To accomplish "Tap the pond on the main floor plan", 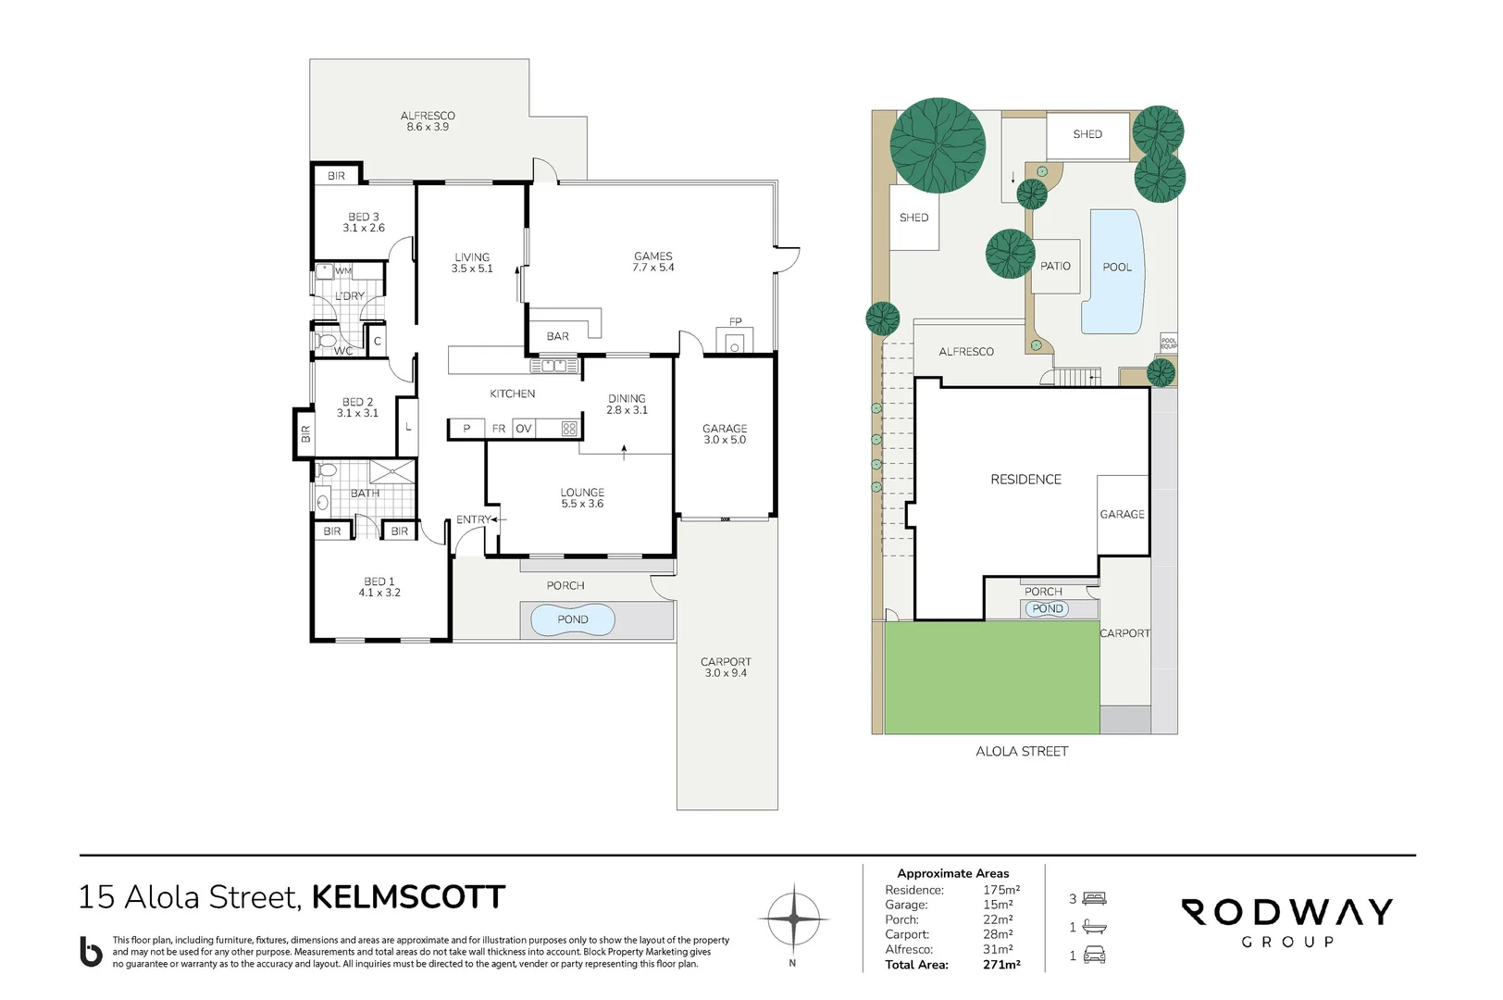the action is (x=572, y=619).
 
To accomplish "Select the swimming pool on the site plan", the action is (x=1113, y=271).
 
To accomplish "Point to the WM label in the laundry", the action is (x=342, y=271).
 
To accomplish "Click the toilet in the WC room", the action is (x=325, y=340).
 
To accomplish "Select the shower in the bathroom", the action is (x=391, y=471).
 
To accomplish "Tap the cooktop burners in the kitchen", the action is (x=569, y=428).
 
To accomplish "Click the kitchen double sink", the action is (x=554, y=366).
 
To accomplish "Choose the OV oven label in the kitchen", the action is (x=524, y=428).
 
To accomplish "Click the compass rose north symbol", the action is (x=793, y=919).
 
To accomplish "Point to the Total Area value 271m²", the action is (x=1001, y=965).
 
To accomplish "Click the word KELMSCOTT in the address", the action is (x=409, y=897).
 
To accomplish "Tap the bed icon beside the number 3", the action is (x=1094, y=898).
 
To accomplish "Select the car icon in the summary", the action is (x=1094, y=955).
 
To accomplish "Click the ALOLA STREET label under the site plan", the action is (x=1021, y=752).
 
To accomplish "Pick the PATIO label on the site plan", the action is (x=1055, y=267).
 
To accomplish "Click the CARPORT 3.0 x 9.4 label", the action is (x=726, y=667).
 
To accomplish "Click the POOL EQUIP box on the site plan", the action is (x=1169, y=343).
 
